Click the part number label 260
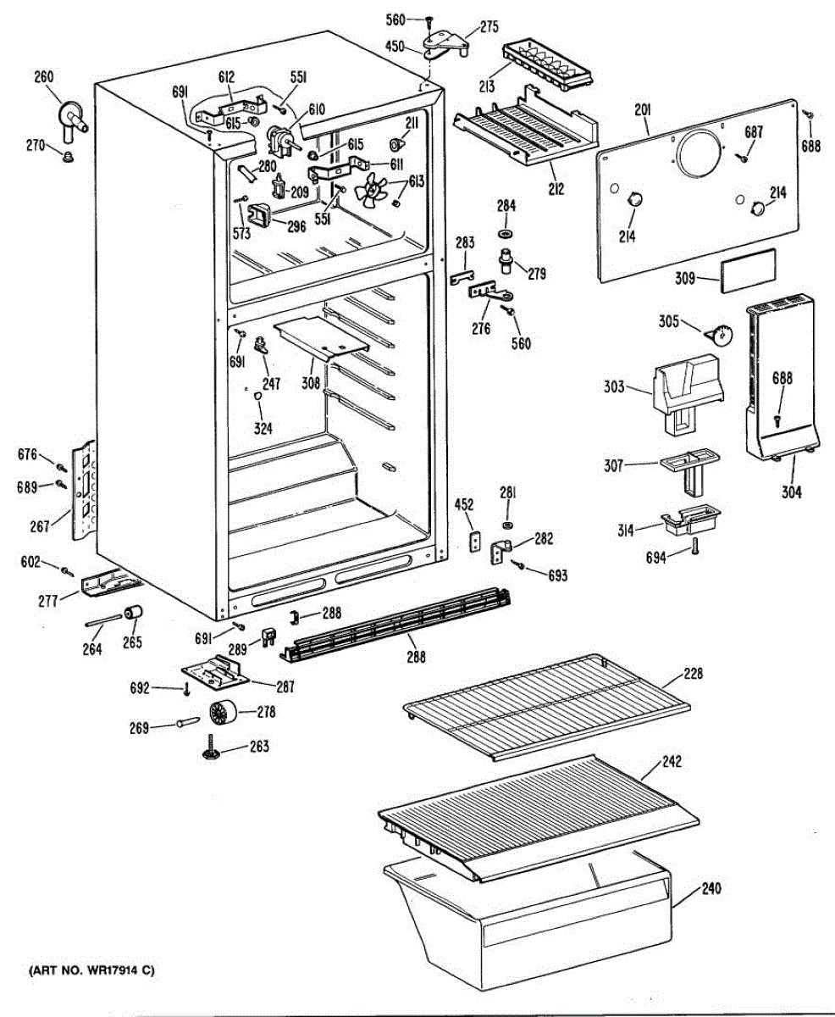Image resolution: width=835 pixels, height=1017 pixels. tap(43, 78)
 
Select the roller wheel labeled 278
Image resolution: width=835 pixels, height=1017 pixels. tap(222, 714)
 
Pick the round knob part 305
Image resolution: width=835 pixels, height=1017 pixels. tap(722, 336)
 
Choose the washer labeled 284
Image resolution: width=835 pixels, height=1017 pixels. tap(506, 232)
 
